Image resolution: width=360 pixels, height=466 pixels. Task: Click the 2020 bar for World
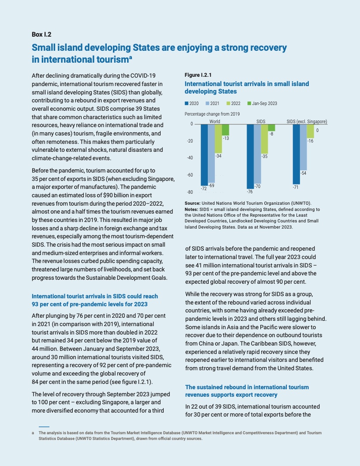pos(204,154)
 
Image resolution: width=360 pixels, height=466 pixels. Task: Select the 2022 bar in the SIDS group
pos(264,139)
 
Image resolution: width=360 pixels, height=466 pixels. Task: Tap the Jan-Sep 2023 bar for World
pos(225,129)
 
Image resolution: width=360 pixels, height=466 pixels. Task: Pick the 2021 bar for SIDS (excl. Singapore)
pos(303,147)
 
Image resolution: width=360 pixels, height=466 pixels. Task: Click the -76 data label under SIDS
pos(250,192)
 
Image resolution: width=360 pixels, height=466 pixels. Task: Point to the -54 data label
pos(303,173)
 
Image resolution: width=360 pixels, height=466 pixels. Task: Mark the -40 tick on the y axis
pos(190,158)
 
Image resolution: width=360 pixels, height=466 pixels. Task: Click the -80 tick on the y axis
pos(190,192)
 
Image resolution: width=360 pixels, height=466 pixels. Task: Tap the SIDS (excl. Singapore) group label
pos(307,121)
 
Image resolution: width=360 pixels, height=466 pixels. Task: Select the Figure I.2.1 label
pos(197,75)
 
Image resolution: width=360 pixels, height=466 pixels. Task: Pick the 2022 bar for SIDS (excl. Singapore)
pos(310,131)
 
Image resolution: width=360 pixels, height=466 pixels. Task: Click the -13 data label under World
pos(225,138)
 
